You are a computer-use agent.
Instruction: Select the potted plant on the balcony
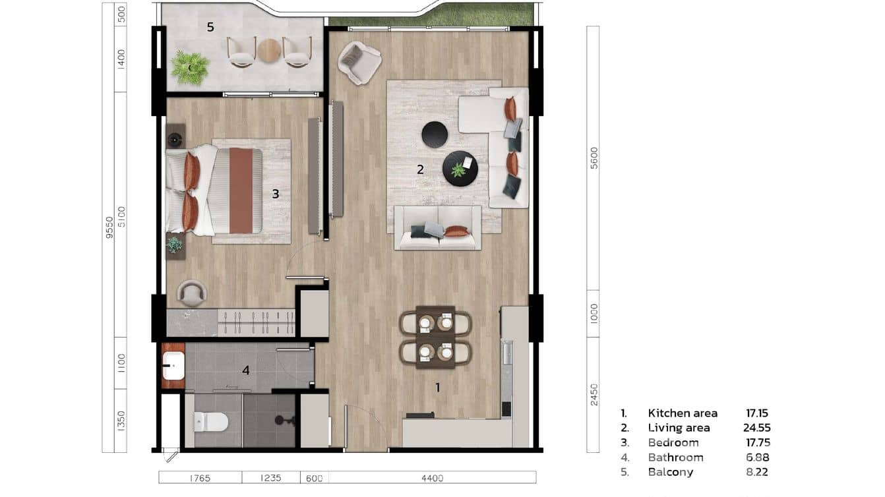pos(190,67)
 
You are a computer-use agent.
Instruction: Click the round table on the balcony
pos(269,50)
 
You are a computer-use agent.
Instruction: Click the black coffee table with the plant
pos(460,169)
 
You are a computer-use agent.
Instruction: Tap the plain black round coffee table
pos(435,134)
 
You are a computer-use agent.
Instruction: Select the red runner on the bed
pos(241,190)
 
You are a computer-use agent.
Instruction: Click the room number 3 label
pos(276,194)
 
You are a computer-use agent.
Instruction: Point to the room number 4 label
pos(246,370)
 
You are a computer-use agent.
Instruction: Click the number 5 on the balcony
pos(210,27)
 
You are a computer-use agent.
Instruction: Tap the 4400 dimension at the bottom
pos(432,478)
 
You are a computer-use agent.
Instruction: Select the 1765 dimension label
pos(200,478)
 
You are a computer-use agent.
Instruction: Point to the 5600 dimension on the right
pos(594,158)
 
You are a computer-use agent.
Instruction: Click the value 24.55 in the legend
pos(757,428)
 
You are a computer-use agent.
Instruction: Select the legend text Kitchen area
pos(683,413)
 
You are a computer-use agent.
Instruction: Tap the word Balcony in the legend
pos(669,472)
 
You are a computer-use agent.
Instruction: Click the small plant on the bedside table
pos(174,245)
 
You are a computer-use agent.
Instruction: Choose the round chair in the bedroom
pos(192,293)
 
